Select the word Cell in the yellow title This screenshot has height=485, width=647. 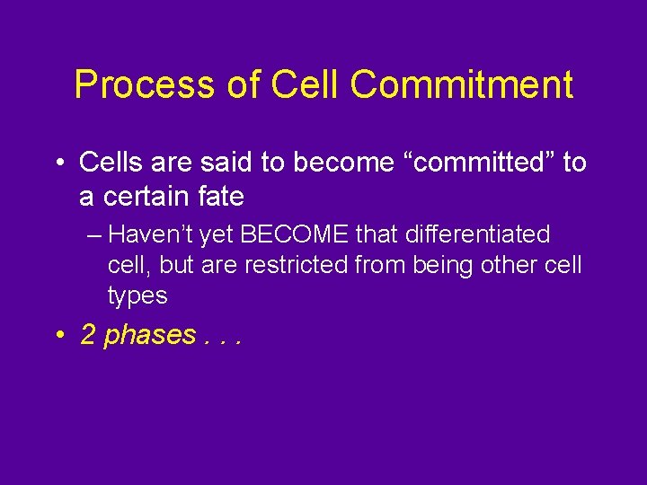click(x=305, y=85)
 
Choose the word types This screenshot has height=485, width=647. click(x=137, y=295)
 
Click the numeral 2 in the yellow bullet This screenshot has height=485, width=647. click(x=88, y=335)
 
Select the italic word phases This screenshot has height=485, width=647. click(x=149, y=336)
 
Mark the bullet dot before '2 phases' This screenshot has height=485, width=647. click(x=58, y=336)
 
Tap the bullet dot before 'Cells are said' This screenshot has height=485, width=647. click(x=58, y=163)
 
